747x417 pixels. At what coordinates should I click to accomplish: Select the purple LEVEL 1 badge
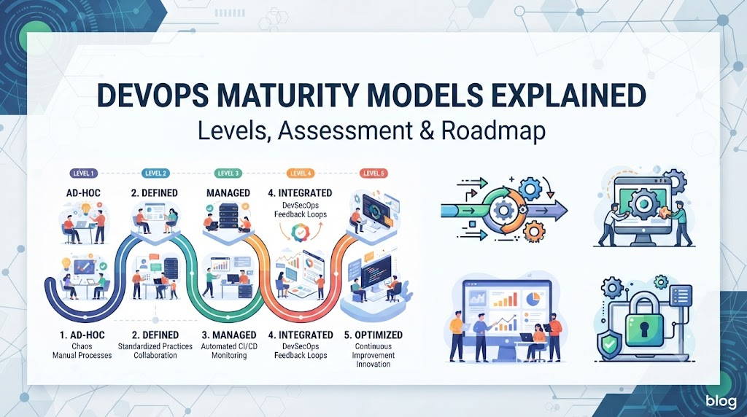tap(83, 174)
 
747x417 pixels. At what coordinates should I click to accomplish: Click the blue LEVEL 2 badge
tap(156, 174)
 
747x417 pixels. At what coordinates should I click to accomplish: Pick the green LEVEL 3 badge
tap(228, 174)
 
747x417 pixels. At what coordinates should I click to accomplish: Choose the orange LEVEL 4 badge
tap(301, 174)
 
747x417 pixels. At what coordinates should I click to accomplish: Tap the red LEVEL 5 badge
tap(373, 174)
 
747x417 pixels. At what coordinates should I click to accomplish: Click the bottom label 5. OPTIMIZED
tap(373, 335)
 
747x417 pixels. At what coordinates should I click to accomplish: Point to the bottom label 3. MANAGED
tap(229, 335)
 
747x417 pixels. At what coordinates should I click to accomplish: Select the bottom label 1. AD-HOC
tap(82, 335)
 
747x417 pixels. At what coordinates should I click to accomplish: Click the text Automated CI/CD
tap(229, 346)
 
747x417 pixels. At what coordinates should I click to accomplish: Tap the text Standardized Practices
tap(155, 346)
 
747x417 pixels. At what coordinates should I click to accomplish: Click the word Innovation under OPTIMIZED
tap(373, 365)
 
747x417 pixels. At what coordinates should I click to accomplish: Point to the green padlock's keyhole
tap(644, 328)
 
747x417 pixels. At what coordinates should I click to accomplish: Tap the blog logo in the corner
tap(721, 401)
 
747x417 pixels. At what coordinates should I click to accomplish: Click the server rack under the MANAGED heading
tap(228, 217)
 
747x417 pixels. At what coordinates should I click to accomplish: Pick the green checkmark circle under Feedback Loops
tap(301, 233)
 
